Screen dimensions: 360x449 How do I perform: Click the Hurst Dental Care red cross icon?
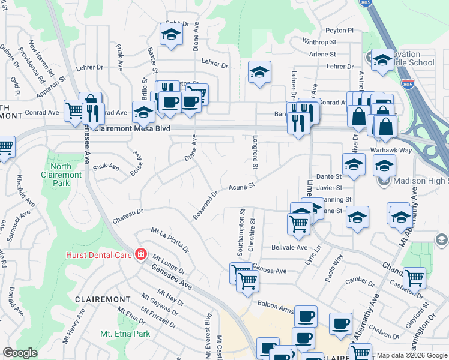140,254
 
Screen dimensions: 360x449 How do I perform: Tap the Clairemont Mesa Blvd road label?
132,129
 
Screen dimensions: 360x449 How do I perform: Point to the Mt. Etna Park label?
125,334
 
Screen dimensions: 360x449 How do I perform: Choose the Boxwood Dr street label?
205,205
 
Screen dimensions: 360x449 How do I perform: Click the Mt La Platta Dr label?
170,240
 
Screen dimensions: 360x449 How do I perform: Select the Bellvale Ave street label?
289,247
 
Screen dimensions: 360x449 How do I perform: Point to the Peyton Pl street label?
339,30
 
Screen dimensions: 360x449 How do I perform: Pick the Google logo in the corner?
20,353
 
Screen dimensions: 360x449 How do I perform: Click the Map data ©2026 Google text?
412,355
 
